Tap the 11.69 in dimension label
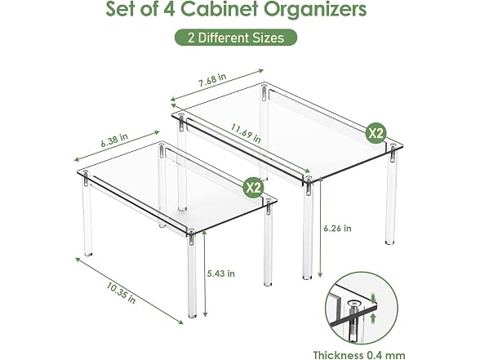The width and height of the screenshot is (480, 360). [x=246, y=133]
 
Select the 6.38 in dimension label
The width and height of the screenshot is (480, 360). [x=114, y=140]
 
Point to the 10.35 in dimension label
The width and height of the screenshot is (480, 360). [x=121, y=293]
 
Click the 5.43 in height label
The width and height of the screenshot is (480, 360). [x=221, y=273]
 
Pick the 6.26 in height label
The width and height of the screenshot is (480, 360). [x=338, y=229]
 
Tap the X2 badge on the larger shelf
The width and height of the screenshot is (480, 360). [x=376, y=133]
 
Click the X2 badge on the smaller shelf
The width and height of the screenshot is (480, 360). [x=253, y=188]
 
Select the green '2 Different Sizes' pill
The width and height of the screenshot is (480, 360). [x=236, y=38]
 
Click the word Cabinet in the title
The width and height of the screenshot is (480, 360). [x=220, y=9]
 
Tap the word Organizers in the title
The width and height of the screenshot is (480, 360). [x=315, y=10]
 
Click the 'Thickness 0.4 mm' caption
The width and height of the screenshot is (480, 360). [x=359, y=355]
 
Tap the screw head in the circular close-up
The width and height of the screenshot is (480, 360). [x=355, y=304]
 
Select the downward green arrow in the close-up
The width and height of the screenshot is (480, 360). [x=373, y=297]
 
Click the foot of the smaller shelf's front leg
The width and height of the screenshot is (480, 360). [x=192, y=314]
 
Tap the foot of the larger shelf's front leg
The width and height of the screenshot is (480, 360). [x=307, y=277]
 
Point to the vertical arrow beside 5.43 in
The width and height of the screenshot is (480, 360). [x=205, y=273]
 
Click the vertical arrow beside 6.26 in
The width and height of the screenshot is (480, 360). [x=321, y=228]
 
